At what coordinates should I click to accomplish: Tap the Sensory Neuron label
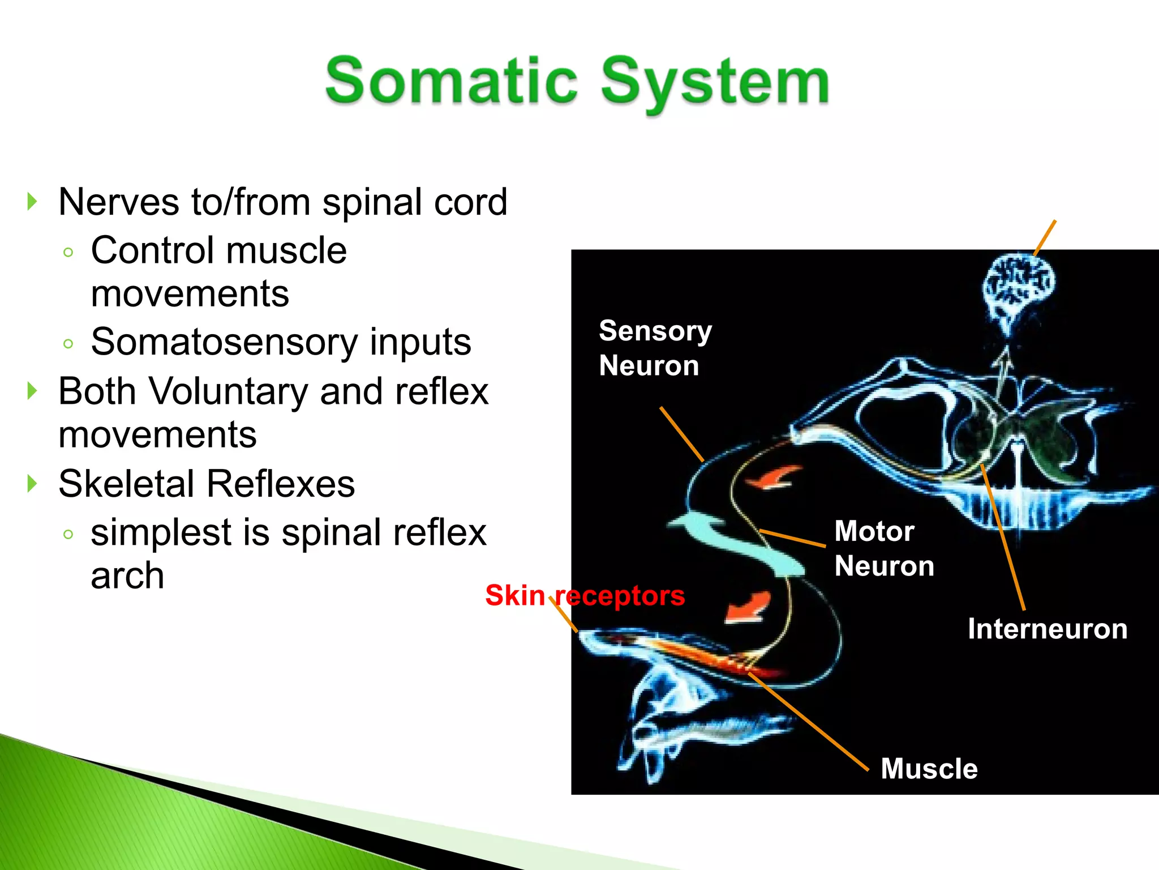[x=655, y=348]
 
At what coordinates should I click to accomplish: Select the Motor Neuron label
[x=883, y=548]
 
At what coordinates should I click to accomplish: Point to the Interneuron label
[x=1047, y=629]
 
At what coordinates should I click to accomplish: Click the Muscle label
[x=929, y=769]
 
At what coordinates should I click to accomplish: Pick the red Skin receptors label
[x=585, y=595]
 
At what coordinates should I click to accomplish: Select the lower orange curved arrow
[x=748, y=607]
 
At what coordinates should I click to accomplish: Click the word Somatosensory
[x=224, y=342]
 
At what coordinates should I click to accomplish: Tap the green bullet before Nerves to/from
[x=32, y=202]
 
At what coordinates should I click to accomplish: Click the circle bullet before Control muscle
[x=68, y=252]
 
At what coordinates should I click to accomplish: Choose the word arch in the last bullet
[x=127, y=575]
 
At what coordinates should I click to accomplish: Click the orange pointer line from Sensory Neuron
[x=681, y=434]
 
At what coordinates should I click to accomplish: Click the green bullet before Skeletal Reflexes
[x=32, y=484]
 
